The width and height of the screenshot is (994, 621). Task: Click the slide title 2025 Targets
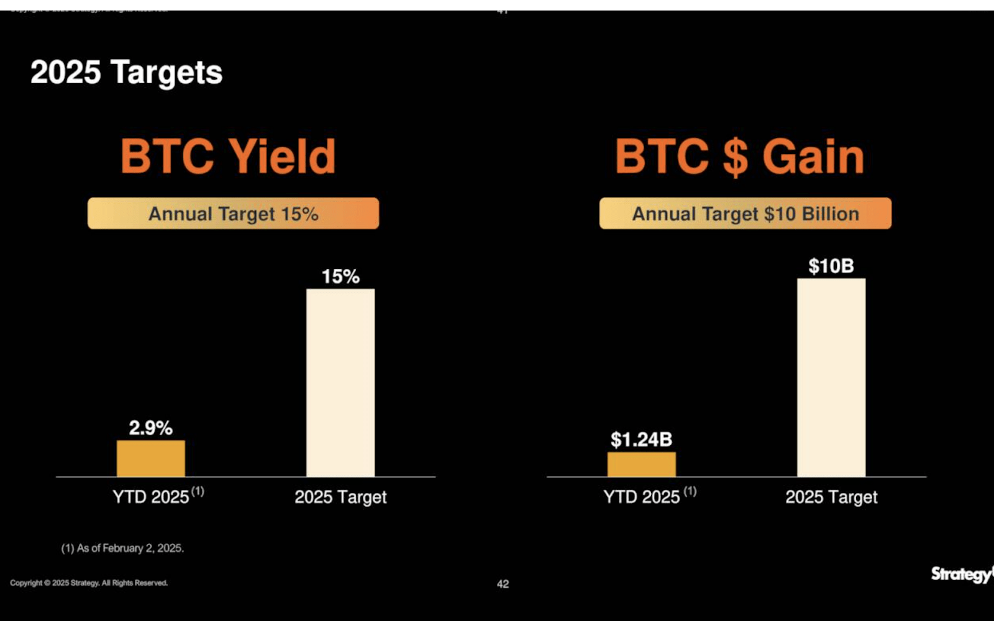pyautogui.click(x=126, y=73)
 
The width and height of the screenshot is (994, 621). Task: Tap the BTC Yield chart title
pyautogui.click(x=228, y=156)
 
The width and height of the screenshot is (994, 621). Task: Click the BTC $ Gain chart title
pyautogui.click(x=739, y=156)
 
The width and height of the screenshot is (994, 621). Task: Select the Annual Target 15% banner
pyautogui.click(x=233, y=214)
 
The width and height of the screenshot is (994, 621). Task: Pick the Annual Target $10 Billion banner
pyautogui.click(x=745, y=214)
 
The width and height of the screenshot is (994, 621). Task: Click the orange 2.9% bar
pyautogui.click(x=151, y=458)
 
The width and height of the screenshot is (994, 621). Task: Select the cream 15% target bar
pyautogui.click(x=340, y=383)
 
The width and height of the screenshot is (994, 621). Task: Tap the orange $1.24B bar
pyautogui.click(x=641, y=464)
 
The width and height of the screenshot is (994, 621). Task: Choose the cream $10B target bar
pyautogui.click(x=831, y=378)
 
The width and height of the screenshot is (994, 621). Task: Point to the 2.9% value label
pyautogui.click(x=150, y=428)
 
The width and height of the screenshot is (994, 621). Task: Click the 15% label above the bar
pyautogui.click(x=340, y=276)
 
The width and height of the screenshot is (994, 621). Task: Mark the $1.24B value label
pyautogui.click(x=641, y=440)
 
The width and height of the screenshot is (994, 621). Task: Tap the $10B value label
pyautogui.click(x=831, y=266)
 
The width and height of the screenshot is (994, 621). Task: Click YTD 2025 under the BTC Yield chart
pyautogui.click(x=151, y=497)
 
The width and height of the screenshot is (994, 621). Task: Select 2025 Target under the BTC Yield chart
pyautogui.click(x=340, y=497)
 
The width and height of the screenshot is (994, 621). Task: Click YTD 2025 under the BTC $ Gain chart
pyautogui.click(x=642, y=497)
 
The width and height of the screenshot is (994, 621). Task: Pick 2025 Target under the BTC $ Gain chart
pyautogui.click(x=831, y=497)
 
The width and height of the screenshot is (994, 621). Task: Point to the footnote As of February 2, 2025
pyautogui.click(x=122, y=548)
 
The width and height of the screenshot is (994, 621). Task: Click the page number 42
pyautogui.click(x=503, y=584)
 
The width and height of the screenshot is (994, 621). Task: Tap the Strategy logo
pyautogui.click(x=960, y=574)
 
